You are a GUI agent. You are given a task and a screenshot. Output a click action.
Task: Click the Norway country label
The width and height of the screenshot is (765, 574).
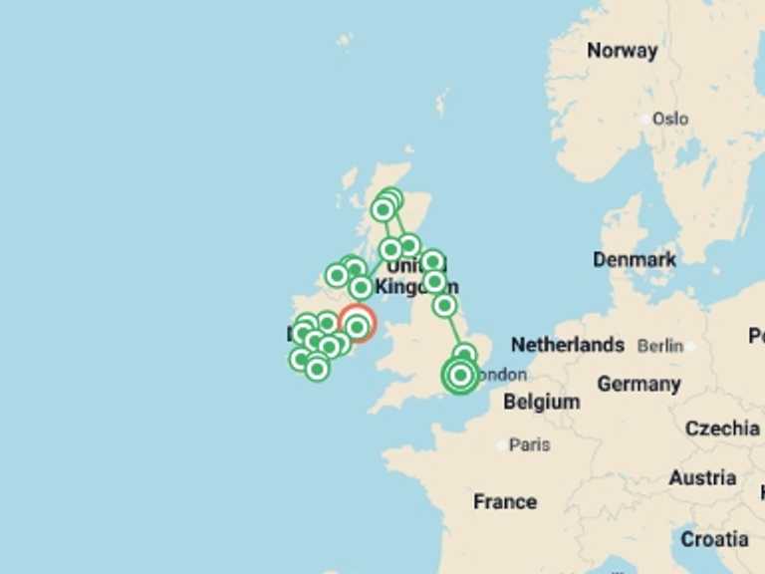click(622, 51)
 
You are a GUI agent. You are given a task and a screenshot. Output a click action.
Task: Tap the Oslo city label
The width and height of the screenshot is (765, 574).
click(670, 120)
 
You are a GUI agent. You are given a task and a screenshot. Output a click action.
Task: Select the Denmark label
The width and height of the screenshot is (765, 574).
click(635, 259)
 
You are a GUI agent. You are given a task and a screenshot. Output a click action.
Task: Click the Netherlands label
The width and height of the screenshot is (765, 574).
click(568, 345)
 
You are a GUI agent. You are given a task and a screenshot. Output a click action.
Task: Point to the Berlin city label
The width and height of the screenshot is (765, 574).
click(660, 346)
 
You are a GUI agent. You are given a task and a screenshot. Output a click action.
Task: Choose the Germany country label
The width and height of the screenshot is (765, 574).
click(638, 384)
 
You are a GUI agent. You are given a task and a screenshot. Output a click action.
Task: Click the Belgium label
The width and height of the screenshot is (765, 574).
click(541, 402)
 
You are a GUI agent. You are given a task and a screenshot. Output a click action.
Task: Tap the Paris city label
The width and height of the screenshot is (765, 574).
click(529, 444)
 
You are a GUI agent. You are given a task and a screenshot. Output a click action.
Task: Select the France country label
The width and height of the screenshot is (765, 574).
click(505, 501)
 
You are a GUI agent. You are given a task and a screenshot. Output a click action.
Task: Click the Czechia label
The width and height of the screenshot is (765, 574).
click(722, 429)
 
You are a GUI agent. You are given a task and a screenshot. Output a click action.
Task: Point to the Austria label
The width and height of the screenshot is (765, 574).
click(702, 477)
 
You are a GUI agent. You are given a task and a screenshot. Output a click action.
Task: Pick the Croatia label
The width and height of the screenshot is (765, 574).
click(715, 539)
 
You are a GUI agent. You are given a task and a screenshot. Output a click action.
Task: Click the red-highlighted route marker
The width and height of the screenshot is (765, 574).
click(357, 325)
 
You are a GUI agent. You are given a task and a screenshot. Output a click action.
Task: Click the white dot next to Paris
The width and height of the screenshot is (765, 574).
click(502, 445)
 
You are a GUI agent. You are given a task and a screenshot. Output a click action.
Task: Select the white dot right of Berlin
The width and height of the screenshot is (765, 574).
click(688, 346)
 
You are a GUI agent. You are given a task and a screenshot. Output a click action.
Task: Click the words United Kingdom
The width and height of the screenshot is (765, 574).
click(416, 277)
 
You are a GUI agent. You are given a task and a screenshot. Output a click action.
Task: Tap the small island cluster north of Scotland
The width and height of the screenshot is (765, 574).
click(441, 102)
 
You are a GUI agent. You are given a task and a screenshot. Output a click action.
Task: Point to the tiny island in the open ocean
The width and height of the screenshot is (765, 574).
click(345, 40)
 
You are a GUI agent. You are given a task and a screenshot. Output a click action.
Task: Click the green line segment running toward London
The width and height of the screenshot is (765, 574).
click(455, 330)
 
